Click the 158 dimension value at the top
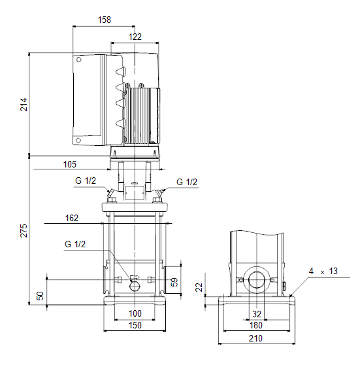(x=105, y=20)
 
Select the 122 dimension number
(x=135, y=37)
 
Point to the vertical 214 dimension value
(x=24, y=105)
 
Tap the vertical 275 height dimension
(x=24, y=231)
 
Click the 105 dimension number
(x=70, y=164)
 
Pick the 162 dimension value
(x=71, y=218)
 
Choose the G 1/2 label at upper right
(x=187, y=182)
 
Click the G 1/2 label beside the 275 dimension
(x=75, y=244)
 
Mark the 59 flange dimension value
(x=174, y=282)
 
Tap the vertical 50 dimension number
(x=41, y=296)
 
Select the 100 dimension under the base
(x=135, y=313)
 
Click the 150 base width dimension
(x=135, y=325)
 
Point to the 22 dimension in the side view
(x=199, y=287)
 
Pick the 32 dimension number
(x=257, y=314)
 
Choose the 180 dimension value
(x=256, y=325)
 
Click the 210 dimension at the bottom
(x=255, y=338)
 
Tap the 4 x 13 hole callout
(x=323, y=271)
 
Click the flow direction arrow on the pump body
(x=135, y=277)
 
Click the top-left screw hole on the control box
(x=79, y=60)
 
